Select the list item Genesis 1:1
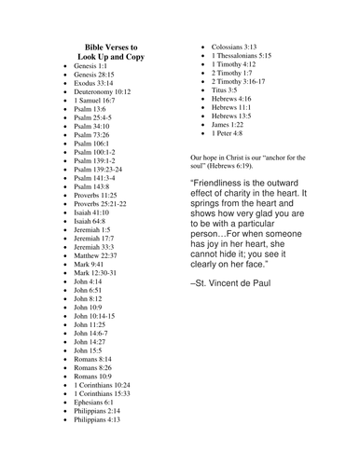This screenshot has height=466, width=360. [90, 67]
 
